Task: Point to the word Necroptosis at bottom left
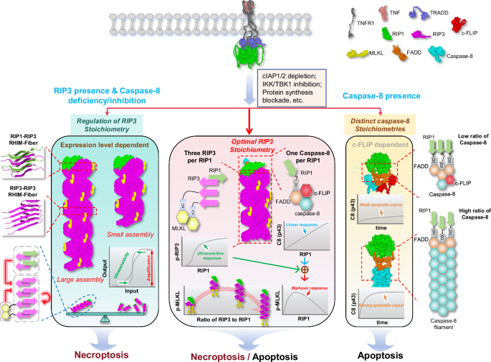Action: [x=82, y=333]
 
